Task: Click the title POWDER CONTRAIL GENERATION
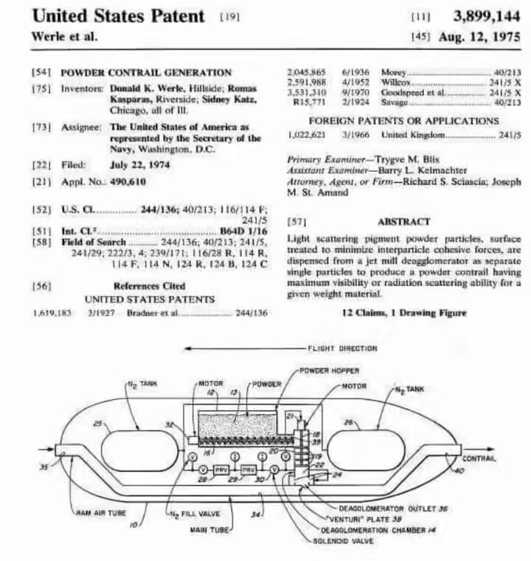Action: (145, 72)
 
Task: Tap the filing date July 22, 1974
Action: (139, 165)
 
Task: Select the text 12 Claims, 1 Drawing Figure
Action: (404, 313)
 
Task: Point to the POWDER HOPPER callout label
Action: (330, 371)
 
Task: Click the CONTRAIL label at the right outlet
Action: (479, 458)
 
